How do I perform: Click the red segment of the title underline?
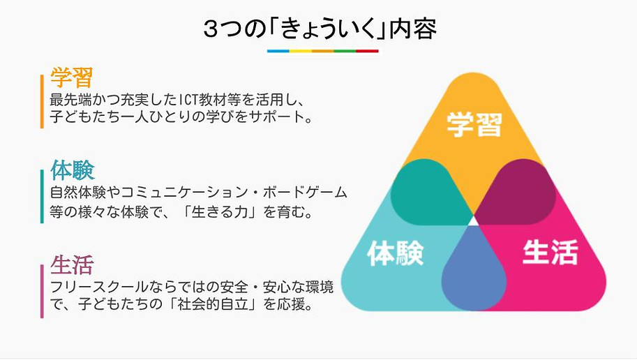[368, 51]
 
